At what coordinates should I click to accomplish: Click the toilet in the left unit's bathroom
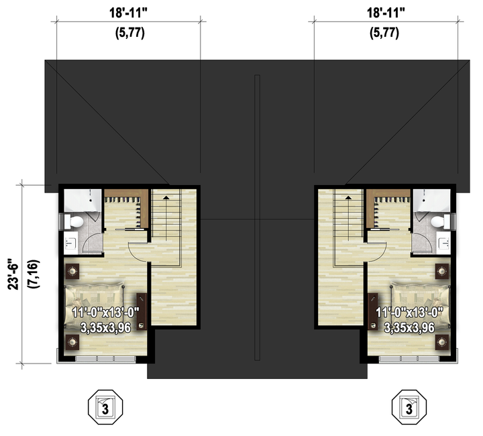point(73,221)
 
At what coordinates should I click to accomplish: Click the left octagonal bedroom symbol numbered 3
point(105,407)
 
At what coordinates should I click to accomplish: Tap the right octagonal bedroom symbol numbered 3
point(409,407)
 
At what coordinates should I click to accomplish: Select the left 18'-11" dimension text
point(129,13)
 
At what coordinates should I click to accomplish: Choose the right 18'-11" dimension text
point(386,13)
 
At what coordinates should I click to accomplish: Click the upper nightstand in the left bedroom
point(72,271)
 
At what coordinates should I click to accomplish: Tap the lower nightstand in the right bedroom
point(442,342)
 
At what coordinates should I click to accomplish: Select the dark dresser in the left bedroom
point(142,311)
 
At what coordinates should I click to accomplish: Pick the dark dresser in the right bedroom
point(373,311)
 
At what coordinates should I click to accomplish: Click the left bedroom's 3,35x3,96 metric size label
point(105,327)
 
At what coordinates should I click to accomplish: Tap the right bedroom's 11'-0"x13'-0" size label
point(409,313)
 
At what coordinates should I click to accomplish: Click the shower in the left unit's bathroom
point(83,201)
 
